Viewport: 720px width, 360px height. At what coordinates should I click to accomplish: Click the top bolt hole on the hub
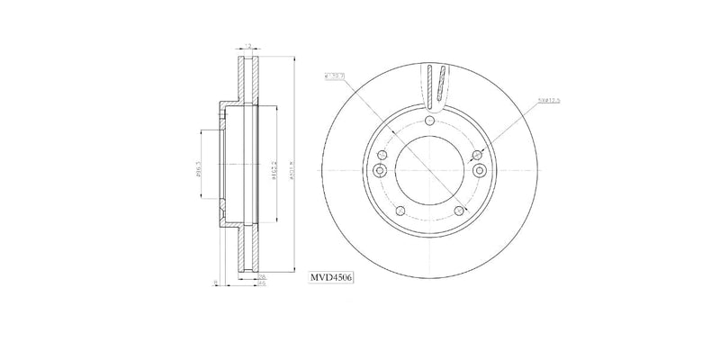coord(429,122)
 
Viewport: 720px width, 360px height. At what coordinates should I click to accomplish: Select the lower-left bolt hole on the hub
coord(400,212)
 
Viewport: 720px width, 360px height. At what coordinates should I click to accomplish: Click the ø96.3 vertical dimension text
coord(198,166)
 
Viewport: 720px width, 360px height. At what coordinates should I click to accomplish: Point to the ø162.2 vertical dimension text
coord(272,166)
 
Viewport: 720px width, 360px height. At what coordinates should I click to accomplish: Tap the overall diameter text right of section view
coord(294,166)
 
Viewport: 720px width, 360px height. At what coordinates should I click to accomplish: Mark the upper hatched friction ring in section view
coord(246,81)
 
